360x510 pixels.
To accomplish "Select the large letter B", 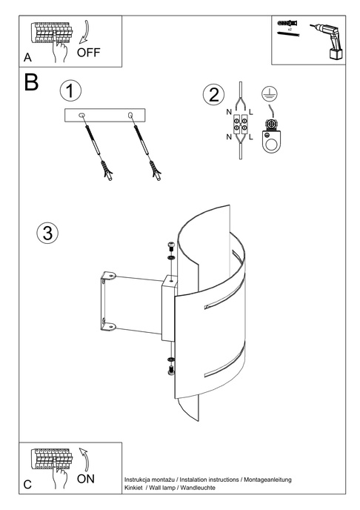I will coord(31,82).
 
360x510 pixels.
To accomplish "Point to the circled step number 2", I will coord(213,95).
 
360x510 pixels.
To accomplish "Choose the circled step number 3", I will coord(47,233).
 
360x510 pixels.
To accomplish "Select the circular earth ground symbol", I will coord(269,94).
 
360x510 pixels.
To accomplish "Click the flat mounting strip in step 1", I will coord(107,115).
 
